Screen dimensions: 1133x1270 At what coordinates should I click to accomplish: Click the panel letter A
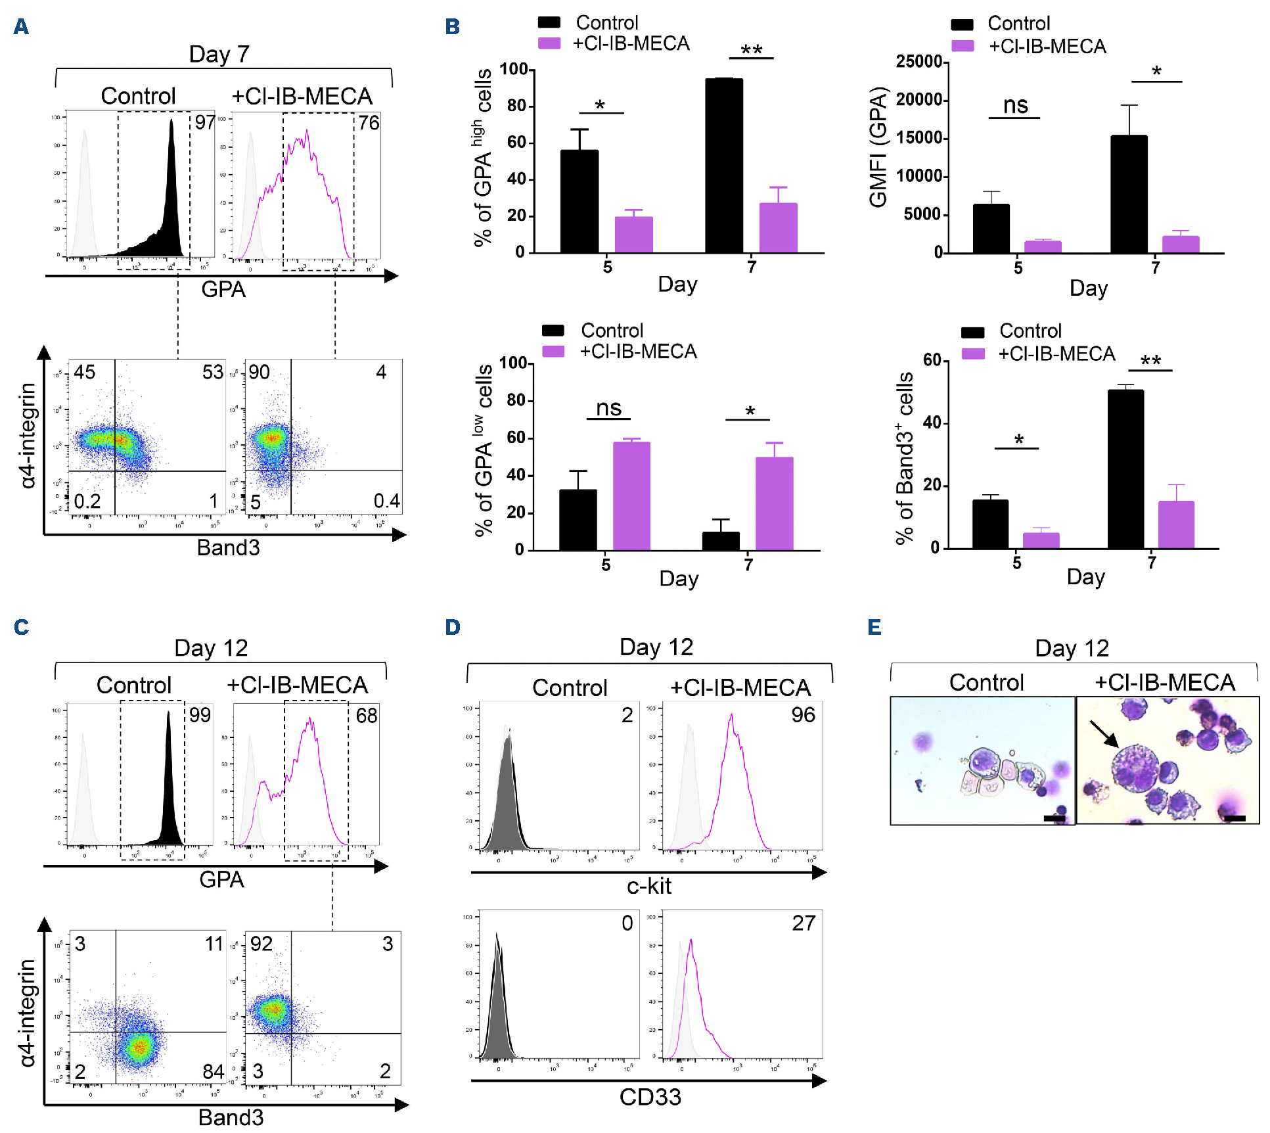click(x=21, y=27)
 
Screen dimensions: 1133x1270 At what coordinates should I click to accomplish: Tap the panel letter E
click(x=874, y=627)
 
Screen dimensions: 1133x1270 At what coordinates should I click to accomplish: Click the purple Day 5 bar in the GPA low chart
click(x=631, y=496)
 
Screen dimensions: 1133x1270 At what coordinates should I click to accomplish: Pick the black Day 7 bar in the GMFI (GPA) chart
click(x=1129, y=194)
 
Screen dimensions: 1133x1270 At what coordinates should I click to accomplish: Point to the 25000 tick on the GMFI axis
click(x=918, y=62)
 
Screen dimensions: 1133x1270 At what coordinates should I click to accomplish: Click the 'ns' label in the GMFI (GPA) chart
click(x=1015, y=105)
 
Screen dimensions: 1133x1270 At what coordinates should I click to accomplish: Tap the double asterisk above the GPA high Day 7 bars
click(x=751, y=50)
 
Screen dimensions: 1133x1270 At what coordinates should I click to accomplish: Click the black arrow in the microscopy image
click(x=1104, y=733)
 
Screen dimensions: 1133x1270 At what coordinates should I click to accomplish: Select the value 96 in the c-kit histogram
click(x=803, y=715)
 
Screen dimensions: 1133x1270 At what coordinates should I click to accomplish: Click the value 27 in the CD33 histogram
click(x=804, y=923)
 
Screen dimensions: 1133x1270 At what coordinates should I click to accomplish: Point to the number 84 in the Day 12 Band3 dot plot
click(x=213, y=1072)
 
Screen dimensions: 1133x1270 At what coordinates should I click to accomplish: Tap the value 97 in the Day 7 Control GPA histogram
click(x=205, y=123)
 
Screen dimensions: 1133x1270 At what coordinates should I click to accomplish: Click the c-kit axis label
click(x=649, y=886)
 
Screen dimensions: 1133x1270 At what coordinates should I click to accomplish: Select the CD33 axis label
click(x=650, y=1097)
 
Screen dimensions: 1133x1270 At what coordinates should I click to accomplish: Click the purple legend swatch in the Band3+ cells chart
click(x=972, y=354)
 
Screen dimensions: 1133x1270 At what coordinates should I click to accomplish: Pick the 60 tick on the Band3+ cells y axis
click(x=932, y=360)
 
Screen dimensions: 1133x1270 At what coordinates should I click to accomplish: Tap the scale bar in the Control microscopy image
click(x=1054, y=818)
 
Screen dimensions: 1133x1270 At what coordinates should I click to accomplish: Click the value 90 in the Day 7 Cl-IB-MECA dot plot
click(x=259, y=373)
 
